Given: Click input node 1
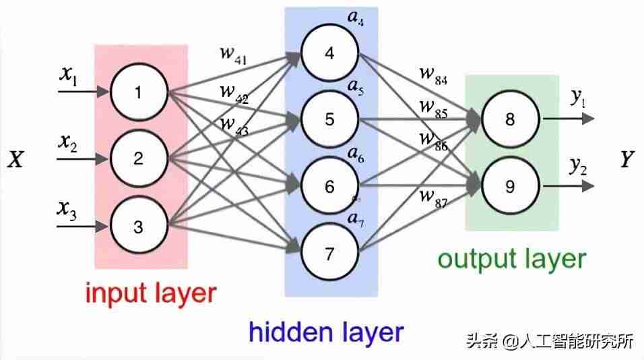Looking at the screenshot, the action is [139, 92].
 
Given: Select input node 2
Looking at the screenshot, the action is [139, 158].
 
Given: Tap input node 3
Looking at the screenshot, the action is [139, 226].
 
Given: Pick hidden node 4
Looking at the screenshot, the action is [330, 53].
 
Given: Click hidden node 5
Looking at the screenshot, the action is [330, 119].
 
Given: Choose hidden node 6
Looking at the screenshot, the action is [330, 186].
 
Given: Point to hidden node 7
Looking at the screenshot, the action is [330, 253].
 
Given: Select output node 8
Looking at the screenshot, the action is [510, 119].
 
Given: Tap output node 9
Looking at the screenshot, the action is [510, 186].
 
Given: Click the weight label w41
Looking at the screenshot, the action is [233, 55].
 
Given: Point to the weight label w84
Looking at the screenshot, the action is [433, 76].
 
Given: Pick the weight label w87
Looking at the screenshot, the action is [433, 198].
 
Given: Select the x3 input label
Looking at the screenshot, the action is [67, 210].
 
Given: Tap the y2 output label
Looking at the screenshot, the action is [579, 167].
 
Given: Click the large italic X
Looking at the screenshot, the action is [16, 160].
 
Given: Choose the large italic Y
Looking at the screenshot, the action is [627, 160].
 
